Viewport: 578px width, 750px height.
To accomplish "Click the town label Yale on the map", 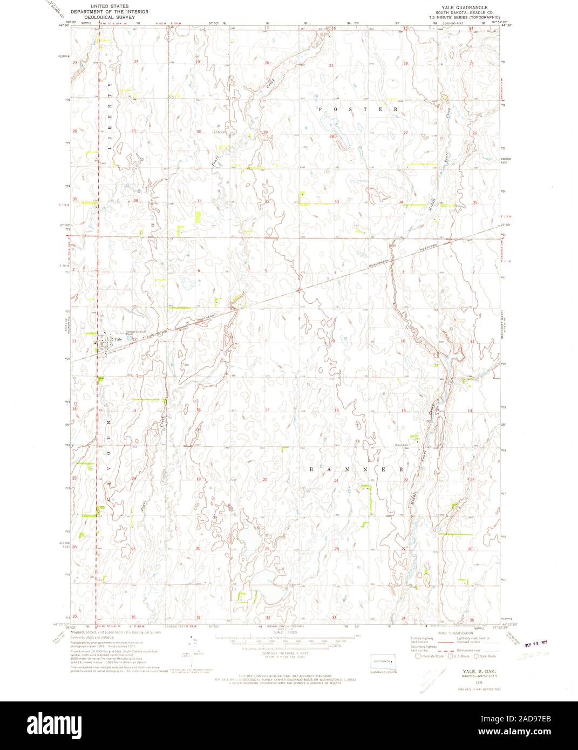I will tap(118, 340).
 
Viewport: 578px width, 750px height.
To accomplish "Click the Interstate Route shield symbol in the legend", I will tap(418, 656).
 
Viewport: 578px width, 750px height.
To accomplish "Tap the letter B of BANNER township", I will tap(312, 469).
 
